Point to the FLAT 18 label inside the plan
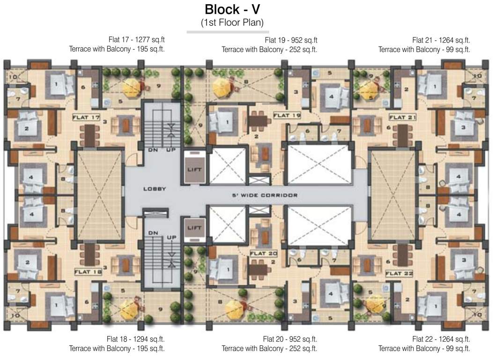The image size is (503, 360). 88,271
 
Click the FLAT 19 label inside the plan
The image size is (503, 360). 286,115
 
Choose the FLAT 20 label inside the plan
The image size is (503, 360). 264,253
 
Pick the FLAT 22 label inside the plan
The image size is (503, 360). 399,273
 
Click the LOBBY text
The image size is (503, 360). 155,188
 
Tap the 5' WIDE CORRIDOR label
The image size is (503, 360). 265,195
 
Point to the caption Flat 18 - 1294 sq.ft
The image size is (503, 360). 135,339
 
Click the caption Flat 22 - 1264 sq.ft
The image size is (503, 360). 441,339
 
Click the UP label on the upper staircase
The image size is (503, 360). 171,150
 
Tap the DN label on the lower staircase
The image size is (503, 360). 153,232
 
